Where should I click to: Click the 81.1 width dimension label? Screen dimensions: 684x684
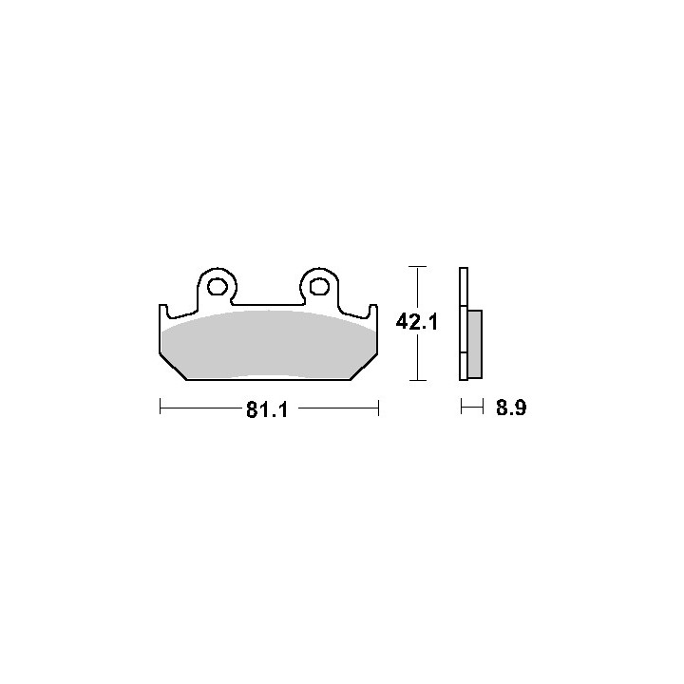coord(267,409)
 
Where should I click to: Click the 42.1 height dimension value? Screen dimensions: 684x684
coord(417,322)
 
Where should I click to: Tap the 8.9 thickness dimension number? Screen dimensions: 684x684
coord(511,408)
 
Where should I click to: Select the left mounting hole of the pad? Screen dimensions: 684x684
coord(217,287)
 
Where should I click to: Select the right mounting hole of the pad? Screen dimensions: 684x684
coord(319,287)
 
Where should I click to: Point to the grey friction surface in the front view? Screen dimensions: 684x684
coord(268,344)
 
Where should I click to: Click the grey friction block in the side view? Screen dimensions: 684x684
coord(475,344)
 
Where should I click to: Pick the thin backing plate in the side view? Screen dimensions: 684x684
coord(464,324)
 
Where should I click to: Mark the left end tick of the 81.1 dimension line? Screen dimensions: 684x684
coord(161,407)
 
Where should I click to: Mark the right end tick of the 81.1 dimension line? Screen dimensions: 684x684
coord(378,408)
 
